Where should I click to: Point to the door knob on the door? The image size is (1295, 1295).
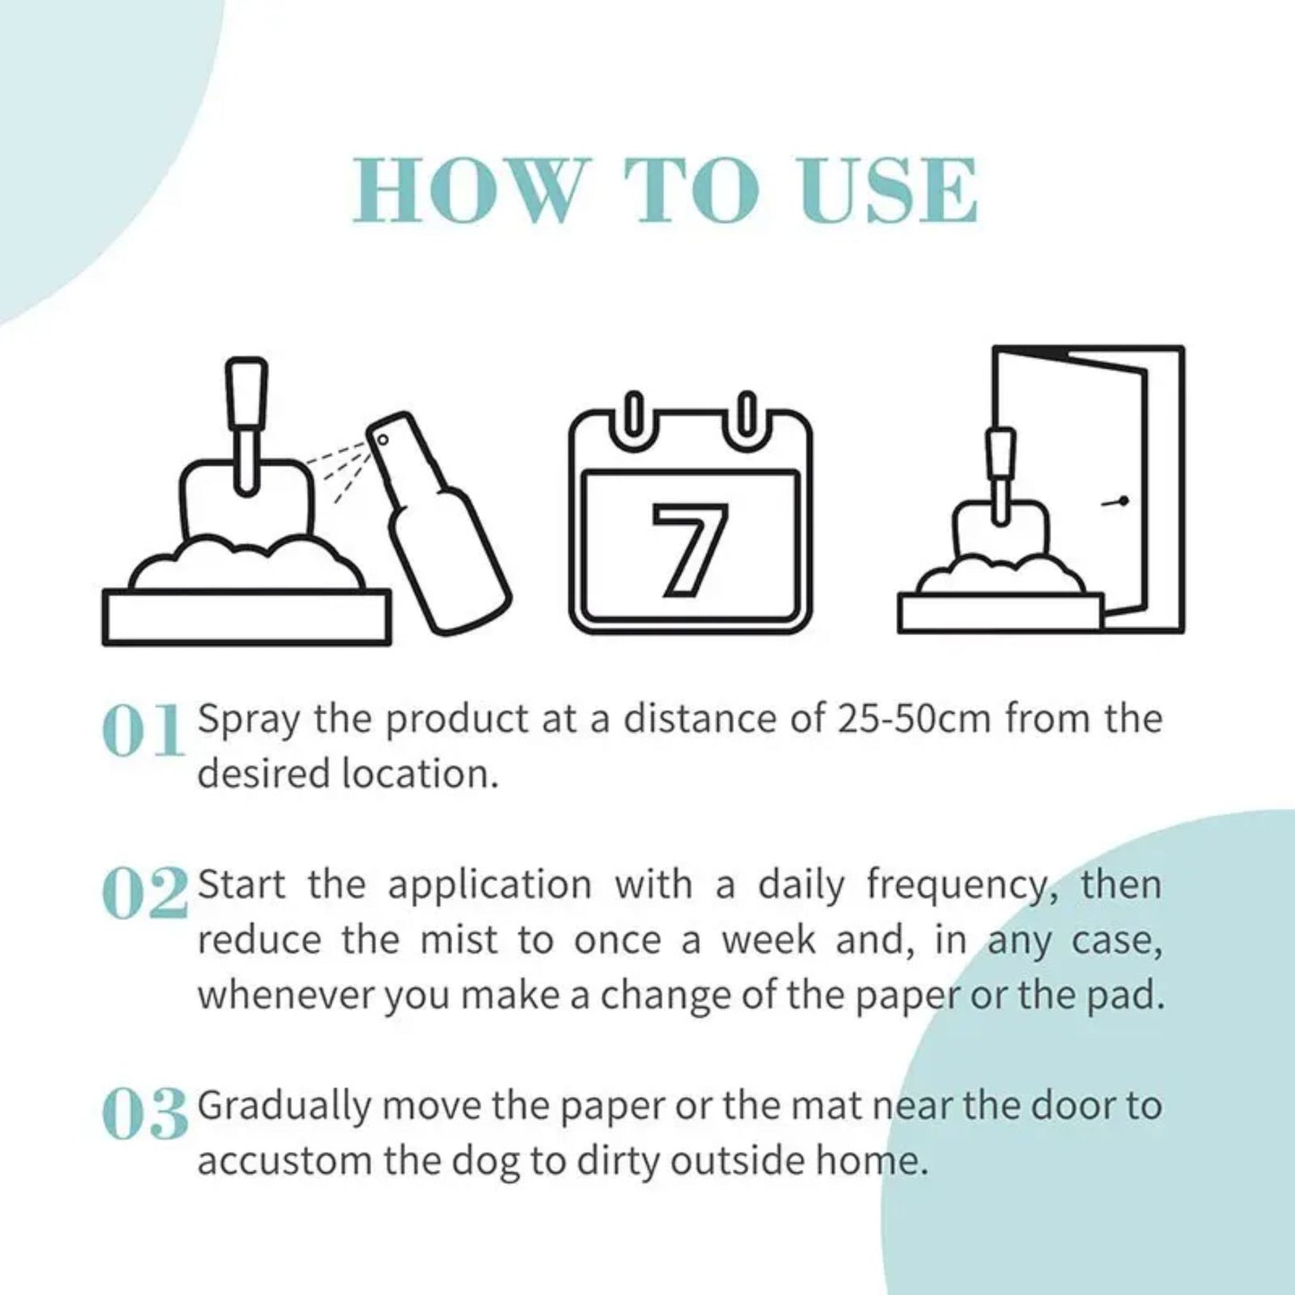[x=1121, y=502]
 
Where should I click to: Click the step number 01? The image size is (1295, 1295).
[x=143, y=731]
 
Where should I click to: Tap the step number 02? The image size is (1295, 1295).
[x=145, y=894]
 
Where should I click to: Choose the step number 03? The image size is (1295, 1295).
[x=145, y=1115]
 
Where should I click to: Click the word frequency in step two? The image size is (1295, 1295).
[x=955, y=885]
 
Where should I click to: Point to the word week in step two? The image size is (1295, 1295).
[x=770, y=940]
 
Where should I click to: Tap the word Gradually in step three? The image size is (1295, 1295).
[x=283, y=1108]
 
